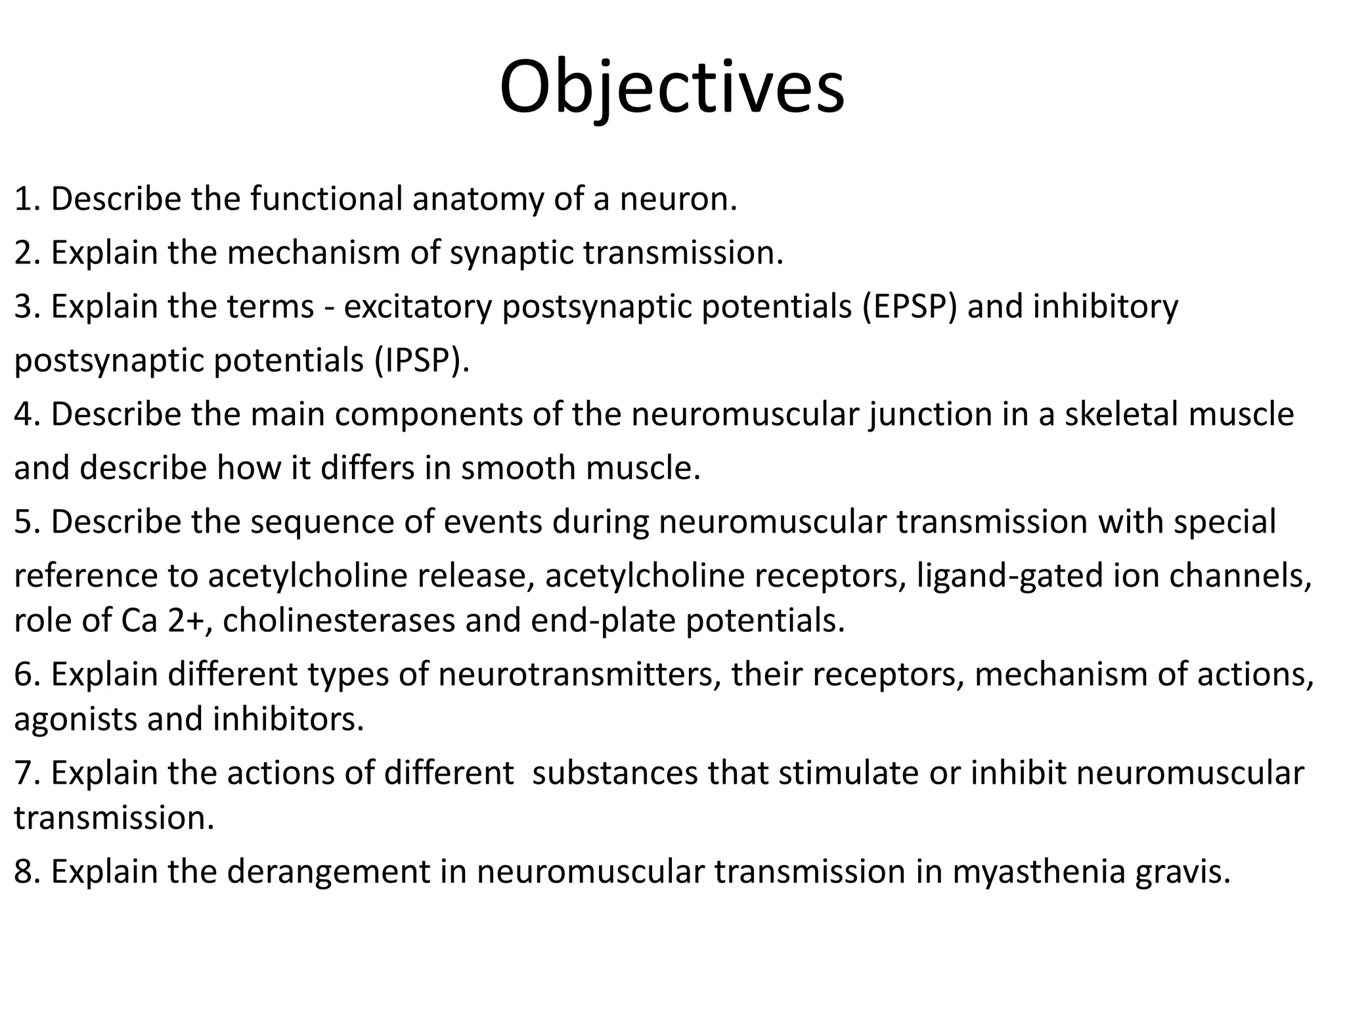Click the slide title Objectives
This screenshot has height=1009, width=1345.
pos(672,87)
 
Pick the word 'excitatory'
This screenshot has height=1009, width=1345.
pos(418,307)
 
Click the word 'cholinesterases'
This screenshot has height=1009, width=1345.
pos(339,621)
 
